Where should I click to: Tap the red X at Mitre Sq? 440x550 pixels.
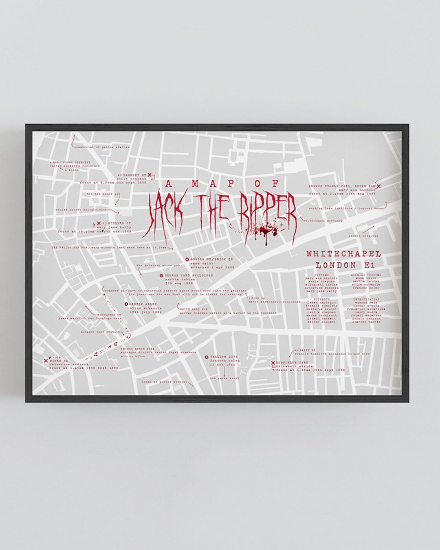coord(46,360)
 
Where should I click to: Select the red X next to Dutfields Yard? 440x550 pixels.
coord(272,363)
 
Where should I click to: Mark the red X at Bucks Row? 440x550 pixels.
coord(379,187)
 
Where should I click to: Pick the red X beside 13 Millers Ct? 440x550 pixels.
coord(98,223)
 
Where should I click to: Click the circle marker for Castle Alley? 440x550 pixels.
coord(126,304)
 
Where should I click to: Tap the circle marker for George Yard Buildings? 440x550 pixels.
coord(161,275)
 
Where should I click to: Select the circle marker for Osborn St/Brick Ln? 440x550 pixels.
coord(187,259)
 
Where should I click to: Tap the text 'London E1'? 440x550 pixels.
coord(345,265)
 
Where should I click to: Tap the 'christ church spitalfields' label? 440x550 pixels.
coord(86,209)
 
